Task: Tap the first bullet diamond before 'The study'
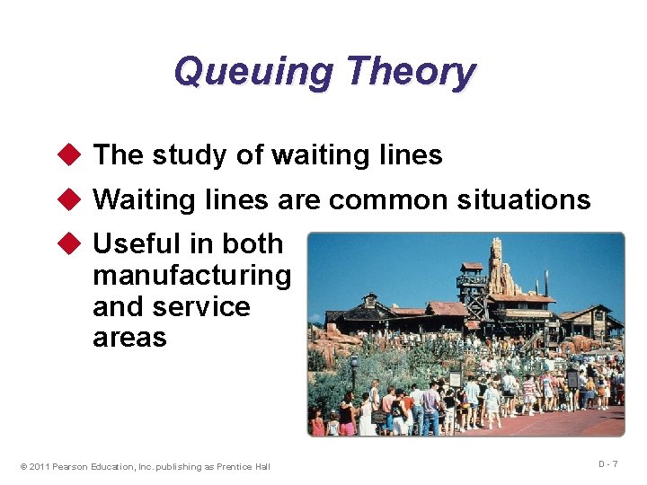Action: point(75,155)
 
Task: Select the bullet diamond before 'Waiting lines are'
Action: point(75,199)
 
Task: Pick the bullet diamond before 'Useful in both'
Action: point(75,244)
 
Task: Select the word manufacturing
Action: point(191,275)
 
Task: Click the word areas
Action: point(129,338)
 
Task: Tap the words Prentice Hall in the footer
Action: point(244,466)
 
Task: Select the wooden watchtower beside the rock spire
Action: point(471,286)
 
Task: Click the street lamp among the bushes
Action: point(353,368)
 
